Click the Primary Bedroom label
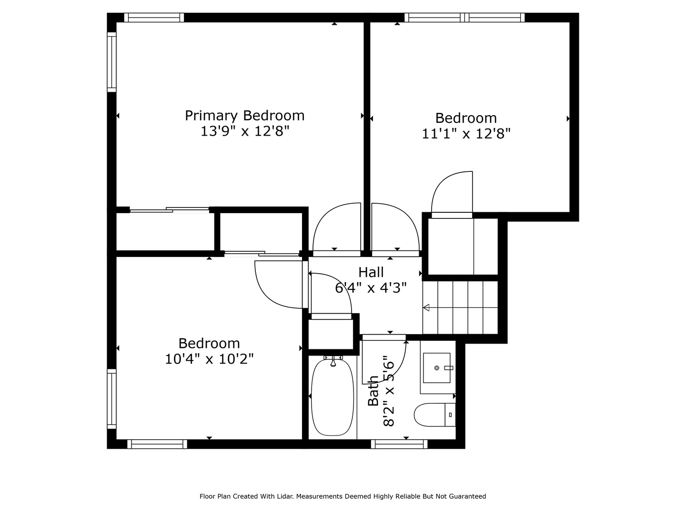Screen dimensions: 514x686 point(244,115)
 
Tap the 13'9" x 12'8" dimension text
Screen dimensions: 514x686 point(244,131)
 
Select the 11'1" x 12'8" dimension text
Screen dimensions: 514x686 point(466,134)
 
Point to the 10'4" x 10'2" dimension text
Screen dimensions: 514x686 point(209,359)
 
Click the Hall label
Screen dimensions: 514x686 point(371,272)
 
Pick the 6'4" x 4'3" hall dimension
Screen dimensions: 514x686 point(371,288)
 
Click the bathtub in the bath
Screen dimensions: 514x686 point(333,397)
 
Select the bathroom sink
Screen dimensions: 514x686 point(436,368)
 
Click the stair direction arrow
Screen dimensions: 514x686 point(426,307)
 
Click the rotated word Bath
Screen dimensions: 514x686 point(373,390)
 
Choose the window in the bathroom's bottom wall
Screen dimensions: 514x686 point(399,444)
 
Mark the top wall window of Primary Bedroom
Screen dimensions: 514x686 point(154,18)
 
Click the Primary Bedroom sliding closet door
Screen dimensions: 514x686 point(169,210)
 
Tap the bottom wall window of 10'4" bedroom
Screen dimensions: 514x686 point(157,444)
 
